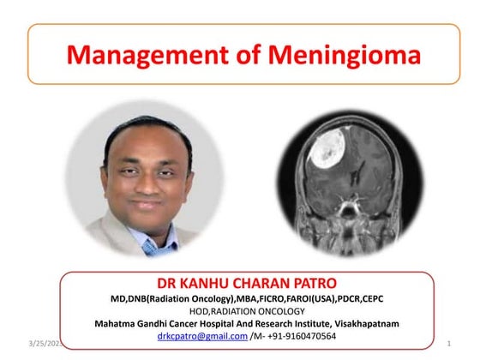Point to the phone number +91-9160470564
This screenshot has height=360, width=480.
click(x=298, y=336)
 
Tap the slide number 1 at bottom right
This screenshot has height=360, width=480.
click(x=450, y=343)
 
